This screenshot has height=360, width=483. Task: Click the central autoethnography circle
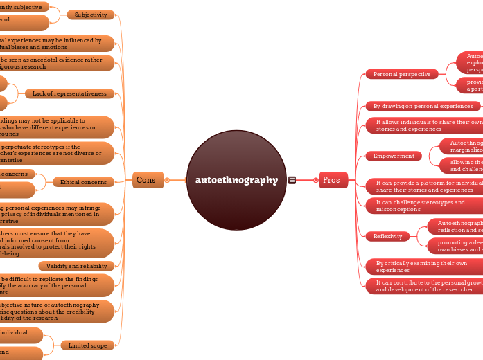(236, 180)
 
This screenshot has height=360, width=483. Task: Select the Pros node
(331, 180)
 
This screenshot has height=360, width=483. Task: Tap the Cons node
(147, 180)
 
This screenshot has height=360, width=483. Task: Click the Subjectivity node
(91, 15)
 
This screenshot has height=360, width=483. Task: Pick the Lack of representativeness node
(69, 93)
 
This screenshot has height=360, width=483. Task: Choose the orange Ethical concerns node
(83, 182)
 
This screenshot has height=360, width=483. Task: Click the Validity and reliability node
(76, 266)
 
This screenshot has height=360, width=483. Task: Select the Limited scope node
(87, 345)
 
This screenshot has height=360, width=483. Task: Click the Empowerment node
(393, 156)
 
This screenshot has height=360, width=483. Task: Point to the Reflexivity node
(387, 236)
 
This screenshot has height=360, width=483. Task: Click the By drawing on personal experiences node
(423, 106)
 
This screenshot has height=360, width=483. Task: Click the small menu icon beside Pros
(292, 180)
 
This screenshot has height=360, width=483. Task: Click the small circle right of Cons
(167, 180)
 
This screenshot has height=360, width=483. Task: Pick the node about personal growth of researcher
(424, 286)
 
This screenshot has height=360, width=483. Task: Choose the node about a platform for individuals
(424, 186)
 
